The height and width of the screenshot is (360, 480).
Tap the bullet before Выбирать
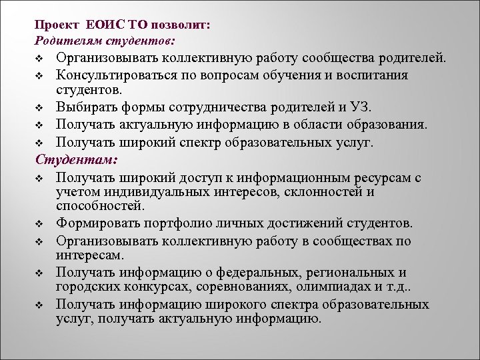[40, 107]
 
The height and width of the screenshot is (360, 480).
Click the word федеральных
[252, 272]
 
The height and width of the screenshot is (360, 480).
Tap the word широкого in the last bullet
[236, 304]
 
